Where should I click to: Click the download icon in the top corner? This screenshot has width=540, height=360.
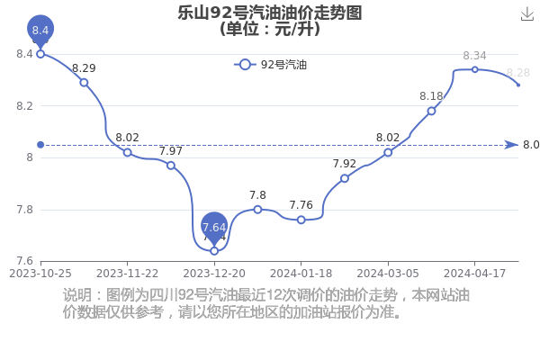pos(526,14)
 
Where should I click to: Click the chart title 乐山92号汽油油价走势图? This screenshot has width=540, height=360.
pos(270,13)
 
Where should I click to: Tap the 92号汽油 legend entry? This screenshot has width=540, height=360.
pos(270,65)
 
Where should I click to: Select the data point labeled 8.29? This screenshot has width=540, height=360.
pos(84,83)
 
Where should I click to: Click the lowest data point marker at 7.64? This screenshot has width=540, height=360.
pos(214,251)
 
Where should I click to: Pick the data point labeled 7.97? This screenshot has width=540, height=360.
pos(171,166)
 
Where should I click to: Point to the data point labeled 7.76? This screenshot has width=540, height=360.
pos(301,220)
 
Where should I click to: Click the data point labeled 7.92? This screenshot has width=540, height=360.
pos(345,178)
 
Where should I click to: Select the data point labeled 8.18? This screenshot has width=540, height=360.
pos(431,111)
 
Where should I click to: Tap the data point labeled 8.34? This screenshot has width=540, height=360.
pos(475,69)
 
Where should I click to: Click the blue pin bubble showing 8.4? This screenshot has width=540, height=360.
pos(40,30)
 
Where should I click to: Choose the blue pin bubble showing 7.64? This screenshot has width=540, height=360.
pos(214,227)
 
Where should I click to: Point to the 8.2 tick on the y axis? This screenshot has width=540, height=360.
pos(25,106)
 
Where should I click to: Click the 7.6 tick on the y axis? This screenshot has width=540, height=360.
pos(25,261)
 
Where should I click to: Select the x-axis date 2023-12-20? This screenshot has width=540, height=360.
pos(214,274)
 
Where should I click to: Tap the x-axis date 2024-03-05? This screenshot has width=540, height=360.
pos(388,274)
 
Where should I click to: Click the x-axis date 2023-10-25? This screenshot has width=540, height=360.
pos(40,274)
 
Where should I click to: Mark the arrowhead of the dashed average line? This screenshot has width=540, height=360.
pos(512,145)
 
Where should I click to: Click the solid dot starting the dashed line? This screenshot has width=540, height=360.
pos(40,145)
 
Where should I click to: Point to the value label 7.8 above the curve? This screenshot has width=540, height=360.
pos(257,195)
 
